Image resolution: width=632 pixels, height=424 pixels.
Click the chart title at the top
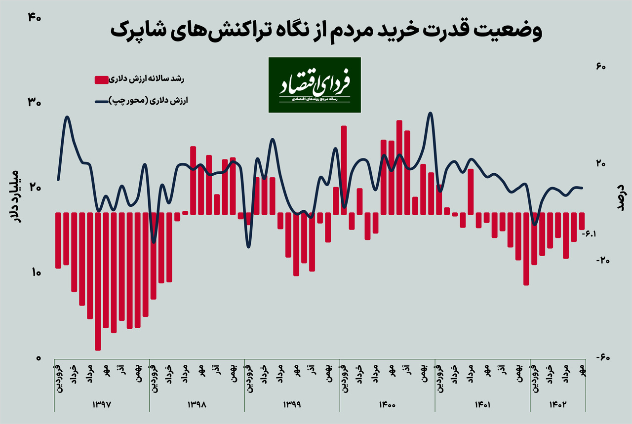click(326, 31)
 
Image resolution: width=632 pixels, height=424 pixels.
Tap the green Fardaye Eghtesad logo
click(315, 84)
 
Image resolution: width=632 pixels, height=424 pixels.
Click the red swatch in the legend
click(101, 79)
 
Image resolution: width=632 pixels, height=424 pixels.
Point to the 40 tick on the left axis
click(34, 17)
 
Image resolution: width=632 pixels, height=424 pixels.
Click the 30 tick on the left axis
click(34, 103)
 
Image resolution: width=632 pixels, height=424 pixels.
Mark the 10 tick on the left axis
click(34, 273)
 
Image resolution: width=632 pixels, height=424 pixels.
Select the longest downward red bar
click(98, 281)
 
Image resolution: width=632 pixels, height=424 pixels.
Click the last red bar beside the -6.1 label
click(582, 221)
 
